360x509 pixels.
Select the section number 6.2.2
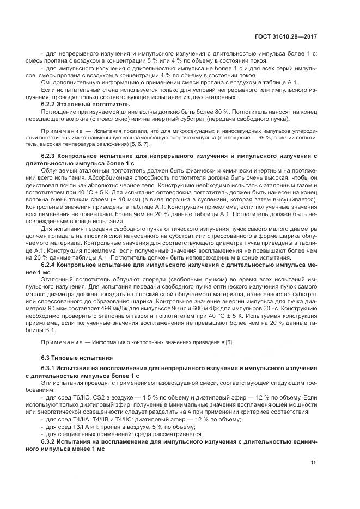[50, 103]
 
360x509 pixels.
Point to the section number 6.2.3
[50, 156]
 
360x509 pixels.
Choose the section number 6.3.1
[50, 369]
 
